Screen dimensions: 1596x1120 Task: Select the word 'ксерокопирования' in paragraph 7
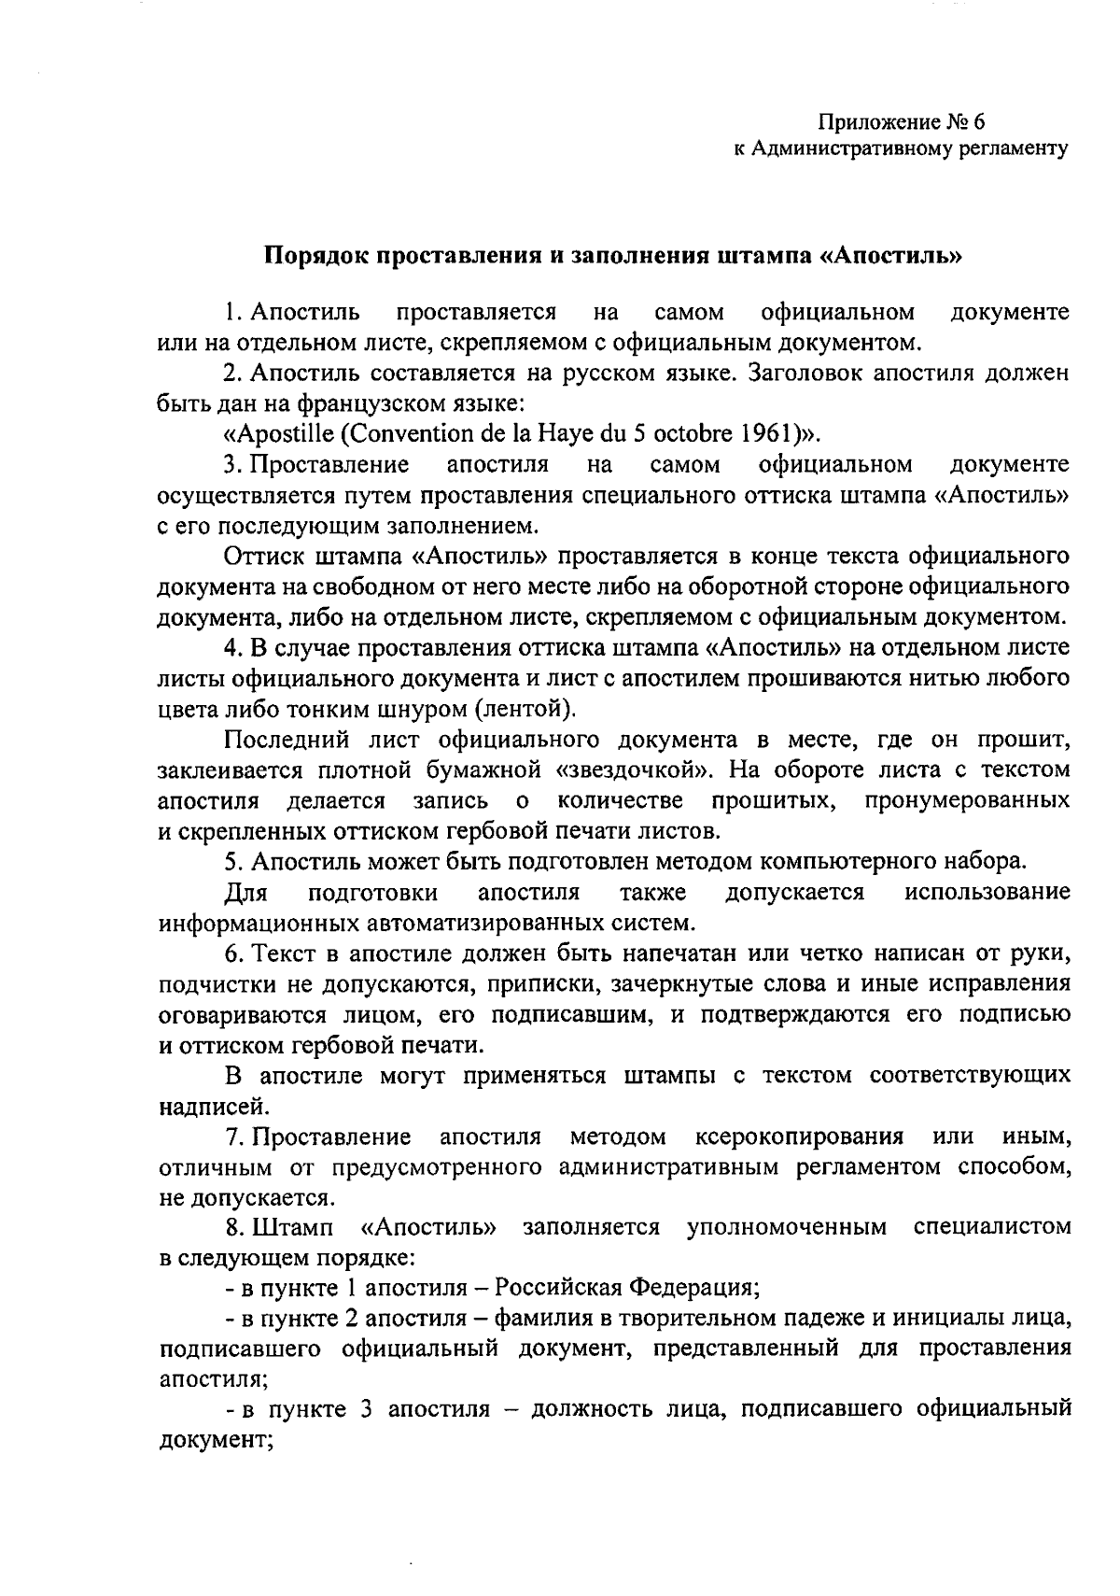(x=800, y=1137)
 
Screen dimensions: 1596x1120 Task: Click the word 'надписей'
(x=200, y=1107)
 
